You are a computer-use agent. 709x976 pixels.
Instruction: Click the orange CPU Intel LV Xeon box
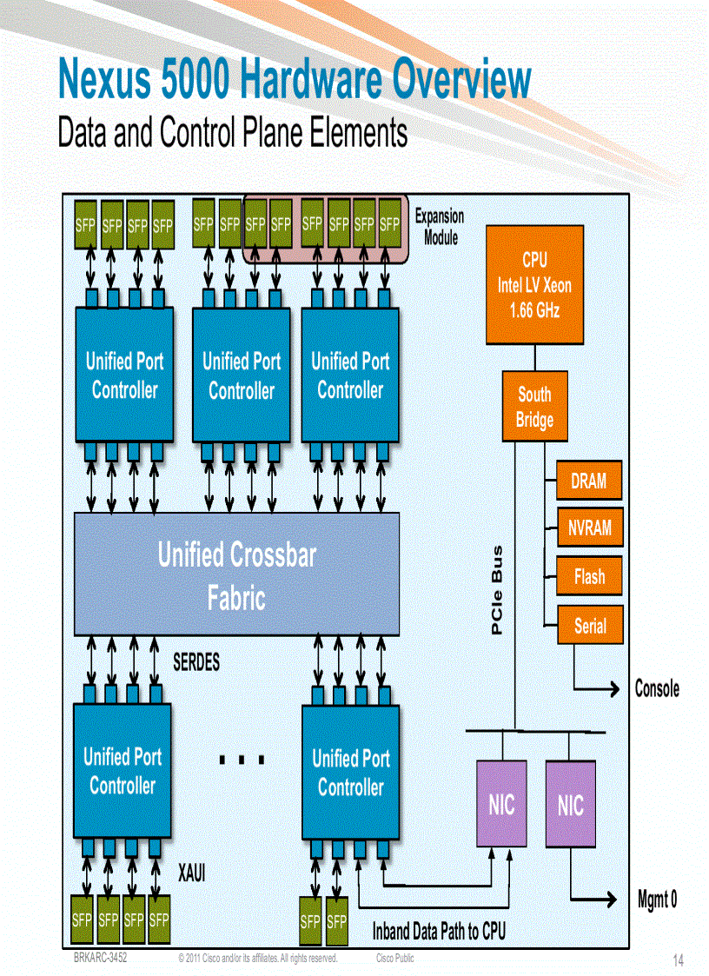tap(534, 284)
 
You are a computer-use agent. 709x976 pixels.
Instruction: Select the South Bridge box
tap(534, 407)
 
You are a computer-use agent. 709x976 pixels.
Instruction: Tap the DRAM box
tap(589, 481)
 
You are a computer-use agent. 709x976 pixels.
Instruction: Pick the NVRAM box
tap(589, 528)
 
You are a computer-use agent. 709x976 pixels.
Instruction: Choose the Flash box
tap(589, 576)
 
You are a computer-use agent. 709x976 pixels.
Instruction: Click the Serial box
tap(589, 625)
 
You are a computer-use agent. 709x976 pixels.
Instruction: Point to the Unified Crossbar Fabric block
tap(236, 574)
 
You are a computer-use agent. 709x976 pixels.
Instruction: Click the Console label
tap(657, 689)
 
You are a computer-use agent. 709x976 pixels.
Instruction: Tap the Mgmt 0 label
tap(657, 900)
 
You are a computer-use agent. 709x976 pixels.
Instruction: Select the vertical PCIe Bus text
tap(498, 590)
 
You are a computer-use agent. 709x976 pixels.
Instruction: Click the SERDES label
tap(196, 662)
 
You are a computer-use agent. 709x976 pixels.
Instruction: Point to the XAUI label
tap(191, 873)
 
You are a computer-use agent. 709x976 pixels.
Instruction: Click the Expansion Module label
tap(440, 226)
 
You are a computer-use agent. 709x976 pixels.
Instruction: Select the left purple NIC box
tap(501, 804)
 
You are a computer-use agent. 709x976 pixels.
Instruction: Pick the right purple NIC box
tap(571, 805)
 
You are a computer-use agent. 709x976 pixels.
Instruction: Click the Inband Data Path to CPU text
tap(439, 932)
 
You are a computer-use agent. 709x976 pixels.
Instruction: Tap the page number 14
tap(678, 960)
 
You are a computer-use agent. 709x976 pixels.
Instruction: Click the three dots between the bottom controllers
tap(242, 760)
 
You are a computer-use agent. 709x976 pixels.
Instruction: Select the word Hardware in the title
tap(311, 81)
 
